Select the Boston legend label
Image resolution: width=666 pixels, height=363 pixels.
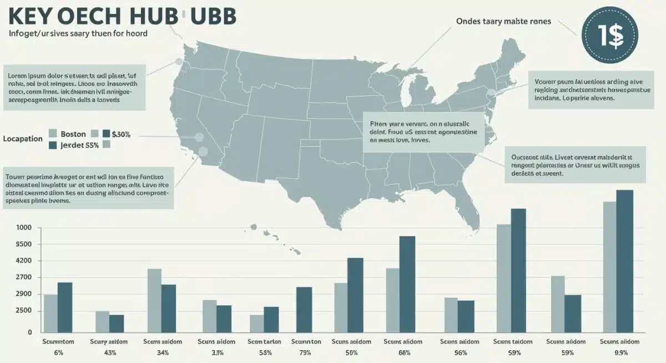tap(73, 134)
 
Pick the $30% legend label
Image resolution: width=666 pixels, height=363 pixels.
tap(120, 134)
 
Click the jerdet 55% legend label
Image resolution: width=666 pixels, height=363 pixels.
tap(80, 145)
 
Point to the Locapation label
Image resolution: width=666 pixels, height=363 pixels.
tap(23, 138)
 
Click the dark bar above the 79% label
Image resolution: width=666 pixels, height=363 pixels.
tap(304, 309)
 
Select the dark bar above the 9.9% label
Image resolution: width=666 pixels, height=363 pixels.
tap(624, 261)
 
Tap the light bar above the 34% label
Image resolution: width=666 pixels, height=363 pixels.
tap(154, 300)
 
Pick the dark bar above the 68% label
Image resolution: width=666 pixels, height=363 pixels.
tap(407, 284)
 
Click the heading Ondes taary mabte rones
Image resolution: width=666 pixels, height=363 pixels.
tap(503, 21)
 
